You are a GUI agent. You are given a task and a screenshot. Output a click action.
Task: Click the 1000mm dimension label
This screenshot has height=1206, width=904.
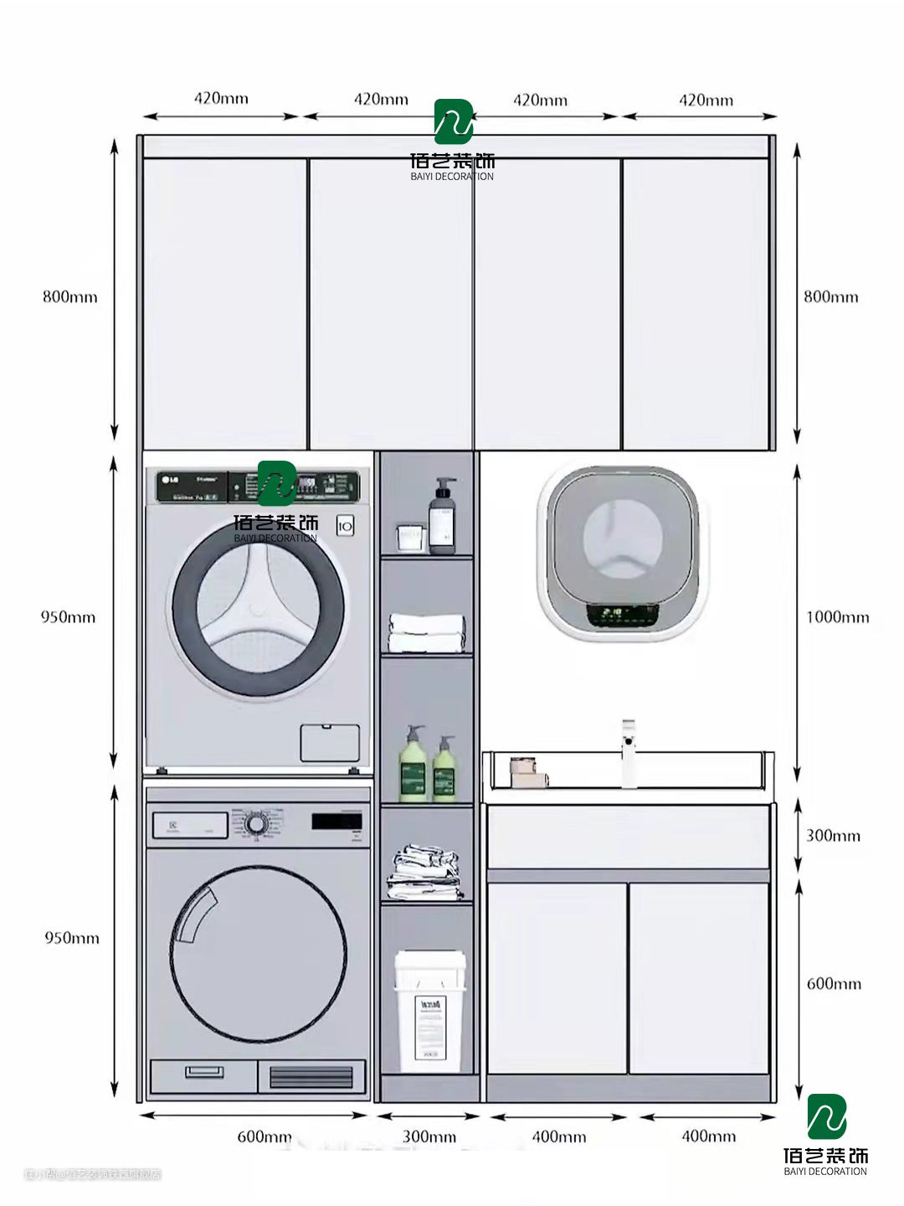point(837,617)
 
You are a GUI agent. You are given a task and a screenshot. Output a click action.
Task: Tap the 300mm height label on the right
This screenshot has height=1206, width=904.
point(833,835)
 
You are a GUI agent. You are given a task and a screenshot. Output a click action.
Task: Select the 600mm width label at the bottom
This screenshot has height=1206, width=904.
point(265,1136)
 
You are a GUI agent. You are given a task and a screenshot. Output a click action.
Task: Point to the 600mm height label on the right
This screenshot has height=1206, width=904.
point(834,983)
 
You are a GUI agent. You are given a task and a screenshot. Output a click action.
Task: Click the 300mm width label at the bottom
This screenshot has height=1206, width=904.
point(429,1136)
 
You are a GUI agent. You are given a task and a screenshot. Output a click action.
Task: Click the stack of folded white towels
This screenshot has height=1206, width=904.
point(427,633)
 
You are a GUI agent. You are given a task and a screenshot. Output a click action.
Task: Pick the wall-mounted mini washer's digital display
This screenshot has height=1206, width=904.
point(621,615)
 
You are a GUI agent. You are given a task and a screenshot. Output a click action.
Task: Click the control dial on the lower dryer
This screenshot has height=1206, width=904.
point(256,824)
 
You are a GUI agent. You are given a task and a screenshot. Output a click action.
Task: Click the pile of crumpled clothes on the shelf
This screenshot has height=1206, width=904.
point(424,873)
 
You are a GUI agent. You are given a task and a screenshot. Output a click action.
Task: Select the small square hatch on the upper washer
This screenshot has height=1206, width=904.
point(330,743)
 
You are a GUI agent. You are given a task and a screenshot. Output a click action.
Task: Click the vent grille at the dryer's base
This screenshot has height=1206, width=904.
point(311,1076)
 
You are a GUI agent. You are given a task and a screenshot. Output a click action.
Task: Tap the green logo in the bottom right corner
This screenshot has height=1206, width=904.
point(826,1117)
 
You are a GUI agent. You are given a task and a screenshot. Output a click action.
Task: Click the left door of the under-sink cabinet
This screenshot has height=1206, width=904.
point(557,977)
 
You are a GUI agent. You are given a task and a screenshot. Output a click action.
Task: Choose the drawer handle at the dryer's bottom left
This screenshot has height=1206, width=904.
point(203,1072)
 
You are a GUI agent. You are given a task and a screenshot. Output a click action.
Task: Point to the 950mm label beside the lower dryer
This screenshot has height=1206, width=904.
point(71,938)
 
